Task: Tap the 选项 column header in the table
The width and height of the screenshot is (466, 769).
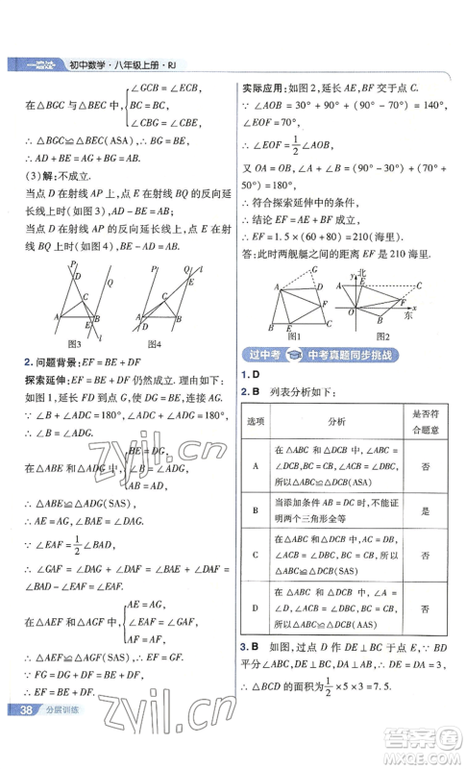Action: tap(256, 421)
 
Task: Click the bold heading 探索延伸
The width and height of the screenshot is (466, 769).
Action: tap(50, 379)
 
